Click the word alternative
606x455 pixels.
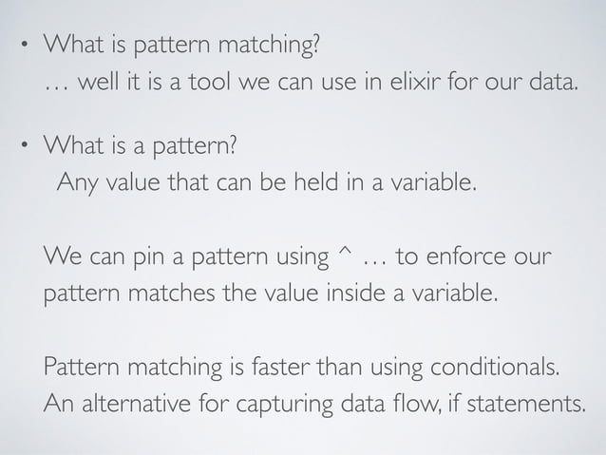[x=132, y=403]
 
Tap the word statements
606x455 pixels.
[x=532, y=403]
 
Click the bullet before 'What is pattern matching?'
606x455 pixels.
[x=26, y=47]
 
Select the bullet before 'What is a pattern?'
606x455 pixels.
[x=26, y=146]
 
